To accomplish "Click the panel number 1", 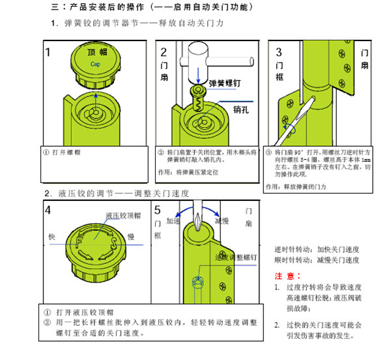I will (x=49, y=52).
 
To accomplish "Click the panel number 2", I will (x=164, y=52).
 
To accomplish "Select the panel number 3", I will (x=279, y=52).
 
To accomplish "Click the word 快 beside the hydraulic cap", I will (x=51, y=235).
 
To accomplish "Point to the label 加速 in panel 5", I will (x=173, y=220).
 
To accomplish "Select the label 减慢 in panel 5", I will (x=222, y=220).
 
